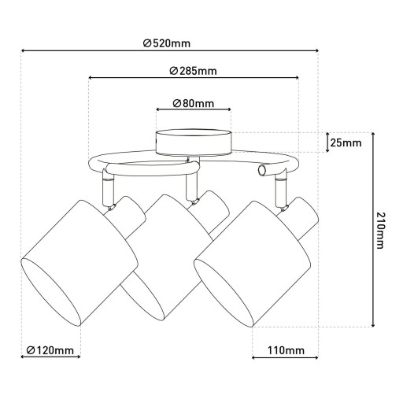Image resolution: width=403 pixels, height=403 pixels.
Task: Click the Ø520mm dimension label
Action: tap(167, 43)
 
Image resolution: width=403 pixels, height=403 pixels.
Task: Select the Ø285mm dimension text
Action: tap(193, 71)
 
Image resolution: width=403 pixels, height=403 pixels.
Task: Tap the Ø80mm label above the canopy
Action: tap(194, 103)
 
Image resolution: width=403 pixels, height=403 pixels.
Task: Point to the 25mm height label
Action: tap(346, 142)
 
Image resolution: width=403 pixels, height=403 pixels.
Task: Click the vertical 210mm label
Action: tap(380, 231)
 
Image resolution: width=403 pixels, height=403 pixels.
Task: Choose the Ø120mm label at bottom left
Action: tap(50, 350)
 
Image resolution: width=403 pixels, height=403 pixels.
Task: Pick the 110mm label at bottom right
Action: tap(286, 350)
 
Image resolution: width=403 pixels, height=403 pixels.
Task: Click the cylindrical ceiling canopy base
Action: tap(194, 142)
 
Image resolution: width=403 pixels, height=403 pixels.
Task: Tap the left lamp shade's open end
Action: tap(50, 292)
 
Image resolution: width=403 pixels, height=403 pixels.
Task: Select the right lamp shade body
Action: tap(253, 264)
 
